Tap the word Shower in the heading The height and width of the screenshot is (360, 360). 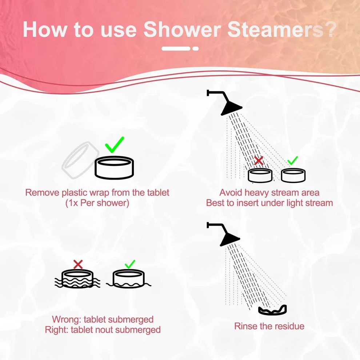click(x=182, y=29)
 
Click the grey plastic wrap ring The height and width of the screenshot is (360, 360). click(x=80, y=160)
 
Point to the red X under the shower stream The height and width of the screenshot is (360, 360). click(x=259, y=161)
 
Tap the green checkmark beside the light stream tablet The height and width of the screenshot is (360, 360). click(x=292, y=160)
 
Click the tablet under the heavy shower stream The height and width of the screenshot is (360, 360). click(x=260, y=175)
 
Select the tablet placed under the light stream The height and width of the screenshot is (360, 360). click(x=293, y=175)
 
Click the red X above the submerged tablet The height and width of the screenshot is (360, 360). click(x=78, y=264)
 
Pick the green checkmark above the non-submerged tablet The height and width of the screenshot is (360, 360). click(x=130, y=264)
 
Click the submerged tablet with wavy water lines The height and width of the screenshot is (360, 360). click(x=77, y=279)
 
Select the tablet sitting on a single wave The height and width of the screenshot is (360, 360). click(x=129, y=279)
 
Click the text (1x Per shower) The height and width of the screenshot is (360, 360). click(x=97, y=203)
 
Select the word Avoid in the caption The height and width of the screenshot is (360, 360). click(x=231, y=192)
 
